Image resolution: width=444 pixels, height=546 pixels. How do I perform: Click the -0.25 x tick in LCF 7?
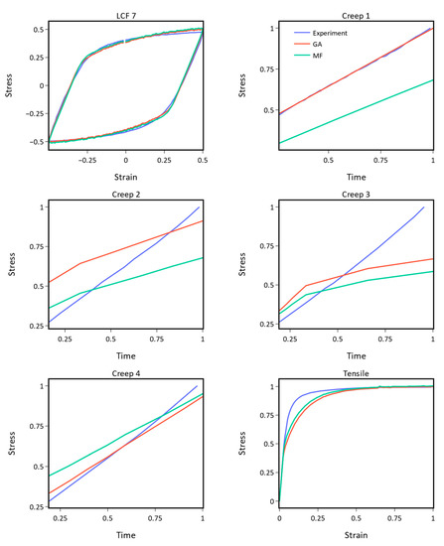pyautogui.click(x=87, y=159)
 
